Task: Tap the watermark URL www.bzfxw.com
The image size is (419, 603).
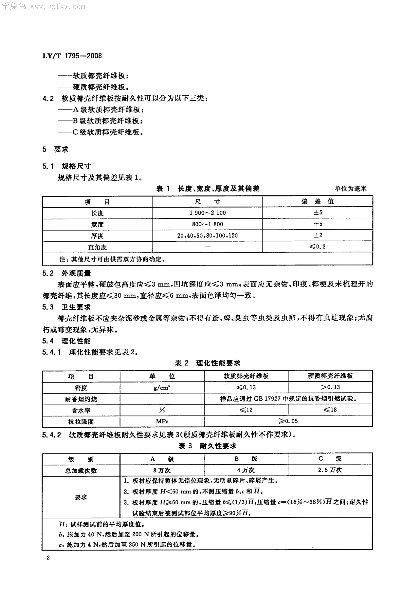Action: coord(58,6)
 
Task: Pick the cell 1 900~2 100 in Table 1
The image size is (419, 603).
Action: coord(207,213)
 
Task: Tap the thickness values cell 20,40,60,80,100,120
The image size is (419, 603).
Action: coord(207,236)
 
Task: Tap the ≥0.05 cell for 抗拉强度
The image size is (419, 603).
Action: coord(288,421)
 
